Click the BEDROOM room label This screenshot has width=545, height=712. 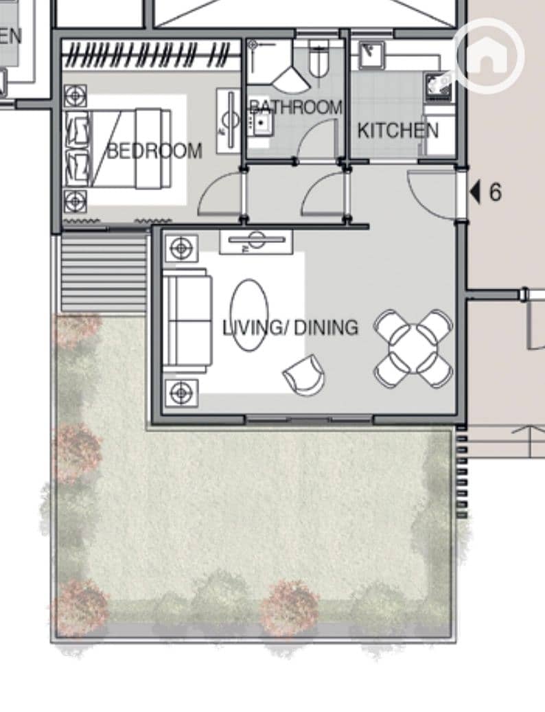(x=154, y=151)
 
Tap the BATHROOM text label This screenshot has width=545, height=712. (x=295, y=107)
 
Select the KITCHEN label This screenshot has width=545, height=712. (x=398, y=130)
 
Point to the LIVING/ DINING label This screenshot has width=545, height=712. (x=290, y=328)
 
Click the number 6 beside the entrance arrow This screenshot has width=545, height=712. (x=495, y=192)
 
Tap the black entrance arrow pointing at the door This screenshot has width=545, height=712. (x=475, y=192)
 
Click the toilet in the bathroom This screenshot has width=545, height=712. (x=318, y=60)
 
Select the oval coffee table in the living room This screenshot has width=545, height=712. (x=249, y=315)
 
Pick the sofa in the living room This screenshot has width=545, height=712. (x=187, y=321)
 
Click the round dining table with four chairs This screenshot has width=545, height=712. (x=413, y=348)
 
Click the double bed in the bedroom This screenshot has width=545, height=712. (x=119, y=148)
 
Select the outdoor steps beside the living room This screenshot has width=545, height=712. (x=104, y=271)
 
